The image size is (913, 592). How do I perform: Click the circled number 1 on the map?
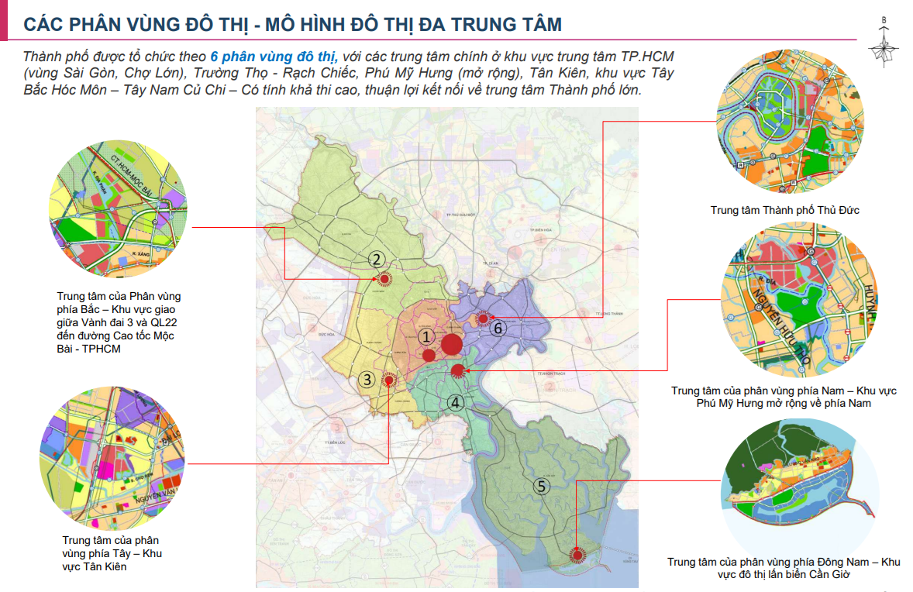point(425,336)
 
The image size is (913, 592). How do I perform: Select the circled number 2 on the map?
point(376,260)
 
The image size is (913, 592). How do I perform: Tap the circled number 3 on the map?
point(367,380)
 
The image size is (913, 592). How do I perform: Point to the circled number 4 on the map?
point(456,402)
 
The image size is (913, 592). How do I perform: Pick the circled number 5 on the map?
point(543,486)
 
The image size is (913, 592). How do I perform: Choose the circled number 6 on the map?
point(498,328)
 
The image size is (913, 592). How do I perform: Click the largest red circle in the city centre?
point(452,344)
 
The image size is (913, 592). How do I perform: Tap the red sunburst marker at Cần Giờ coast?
point(577,555)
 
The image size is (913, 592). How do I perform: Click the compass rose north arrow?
point(884,46)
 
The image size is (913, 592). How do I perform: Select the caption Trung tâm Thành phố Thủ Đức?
point(784,210)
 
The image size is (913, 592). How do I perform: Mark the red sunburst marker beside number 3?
point(390,380)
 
